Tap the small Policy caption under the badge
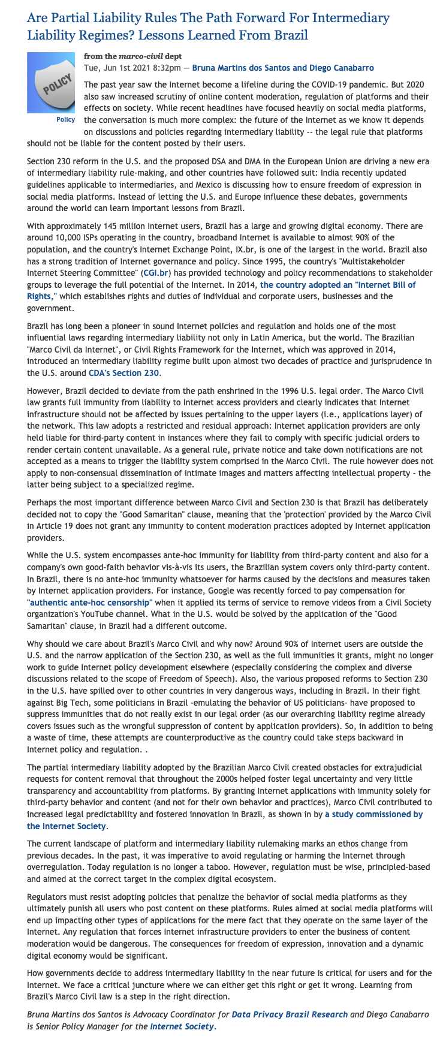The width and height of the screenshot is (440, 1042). pyautogui.click(x=65, y=119)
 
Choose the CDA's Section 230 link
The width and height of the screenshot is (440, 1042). pyautogui.click(x=128, y=373)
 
